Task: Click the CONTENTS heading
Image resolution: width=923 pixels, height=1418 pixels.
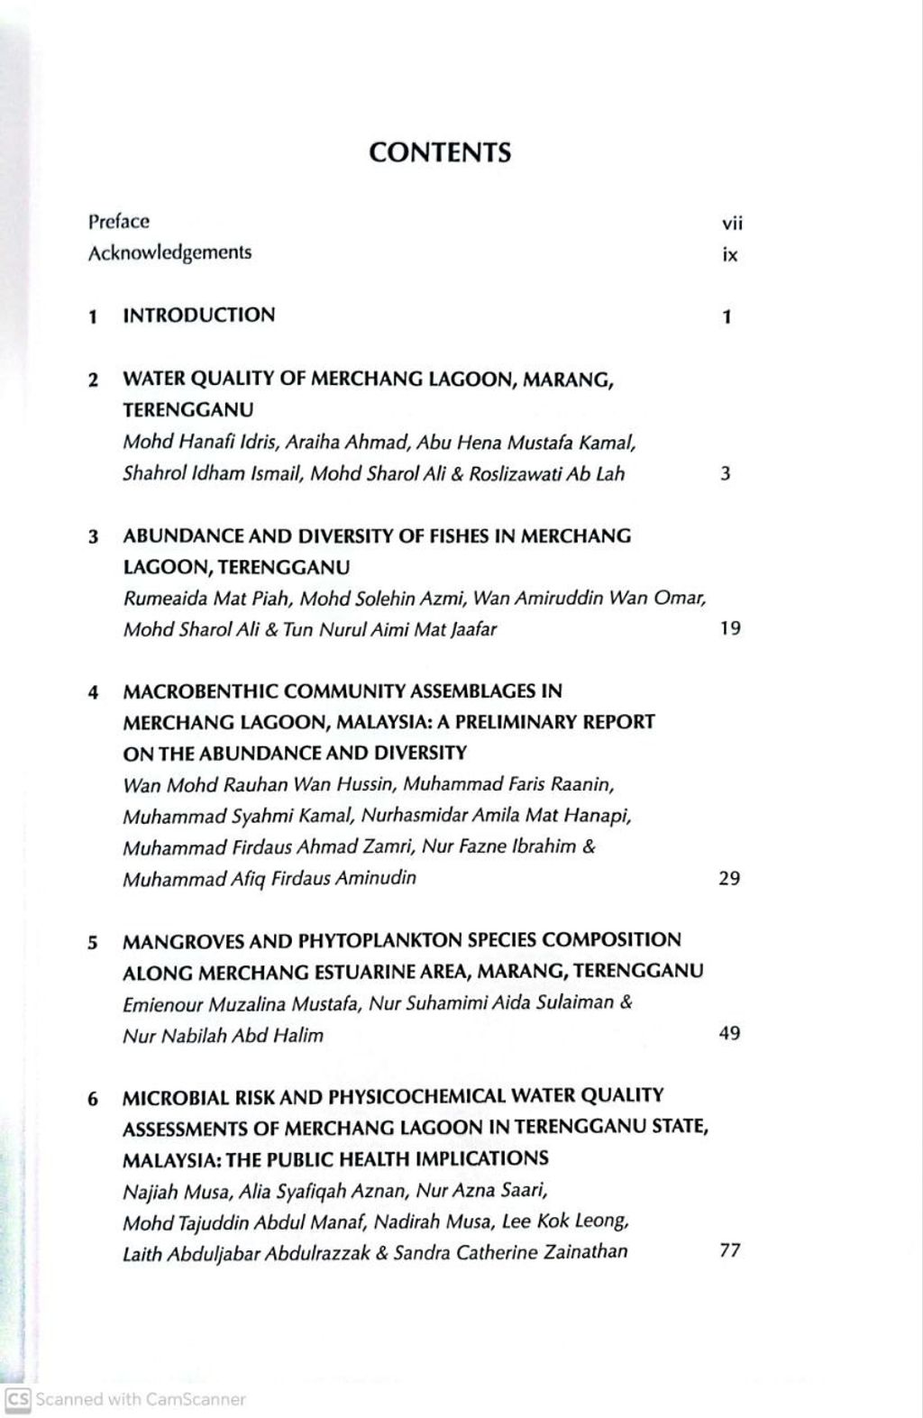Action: click(x=440, y=152)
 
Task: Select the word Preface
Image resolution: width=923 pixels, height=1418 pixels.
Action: click(x=119, y=221)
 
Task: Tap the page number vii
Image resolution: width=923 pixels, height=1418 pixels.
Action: click(x=732, y=224)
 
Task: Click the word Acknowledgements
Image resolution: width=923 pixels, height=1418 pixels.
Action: click(x=169, y=252)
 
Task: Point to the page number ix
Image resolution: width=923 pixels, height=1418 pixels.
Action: click(x=730, y=255)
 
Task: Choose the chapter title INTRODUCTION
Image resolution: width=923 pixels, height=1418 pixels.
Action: click(x=199, y=316)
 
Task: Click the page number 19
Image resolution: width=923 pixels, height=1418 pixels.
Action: click(x=730, y=628)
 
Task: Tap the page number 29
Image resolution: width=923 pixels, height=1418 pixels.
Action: click(x=729, y=878)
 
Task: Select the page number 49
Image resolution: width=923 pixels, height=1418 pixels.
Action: click(x=729, y=1033)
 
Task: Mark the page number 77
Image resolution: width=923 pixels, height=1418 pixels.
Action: click(x=730, y=1250)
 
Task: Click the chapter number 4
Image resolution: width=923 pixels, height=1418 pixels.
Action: click(x=93, y=692)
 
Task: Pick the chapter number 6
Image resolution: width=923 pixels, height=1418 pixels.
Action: click(x=93, y=1098)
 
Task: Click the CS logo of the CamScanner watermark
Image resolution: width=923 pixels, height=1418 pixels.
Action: click(x=17, y=1399)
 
